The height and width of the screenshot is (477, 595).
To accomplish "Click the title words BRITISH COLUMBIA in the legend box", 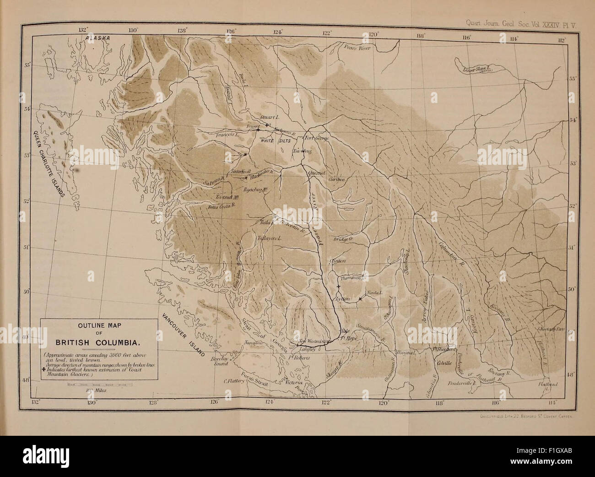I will tap(98, 342).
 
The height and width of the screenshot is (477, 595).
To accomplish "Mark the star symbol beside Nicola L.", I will tap(361, 299).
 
